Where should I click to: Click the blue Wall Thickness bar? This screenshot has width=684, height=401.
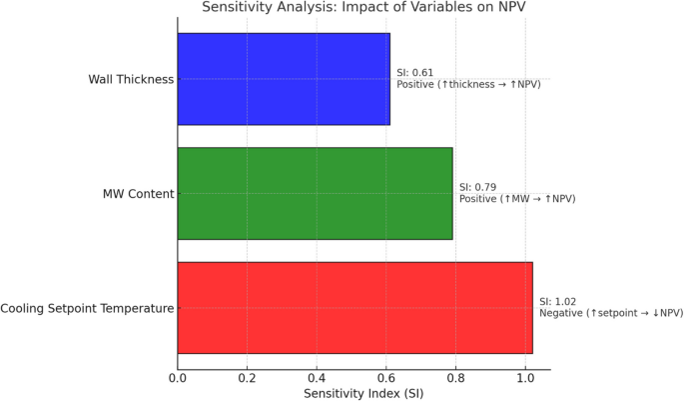pos(284,79)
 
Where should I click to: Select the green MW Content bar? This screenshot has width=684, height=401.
pos(315,193)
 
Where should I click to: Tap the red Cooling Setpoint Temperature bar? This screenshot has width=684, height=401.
pos(354,307)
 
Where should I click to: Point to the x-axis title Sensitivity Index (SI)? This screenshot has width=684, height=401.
pos(362,393)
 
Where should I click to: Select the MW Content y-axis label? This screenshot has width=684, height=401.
pos(139,193)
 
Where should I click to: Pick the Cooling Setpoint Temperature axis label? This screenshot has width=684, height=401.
pos(88,307)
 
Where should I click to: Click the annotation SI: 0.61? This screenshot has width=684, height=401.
pos(415,73)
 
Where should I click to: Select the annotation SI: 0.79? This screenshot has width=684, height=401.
pos(478,187)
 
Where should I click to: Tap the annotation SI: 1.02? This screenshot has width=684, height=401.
pos(558,301)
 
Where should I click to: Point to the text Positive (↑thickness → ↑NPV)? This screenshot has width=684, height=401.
pos(468,85)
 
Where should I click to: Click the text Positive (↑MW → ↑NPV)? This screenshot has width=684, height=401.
pos(517,199)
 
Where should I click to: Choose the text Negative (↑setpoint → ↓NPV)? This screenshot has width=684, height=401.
pos(611,313)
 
